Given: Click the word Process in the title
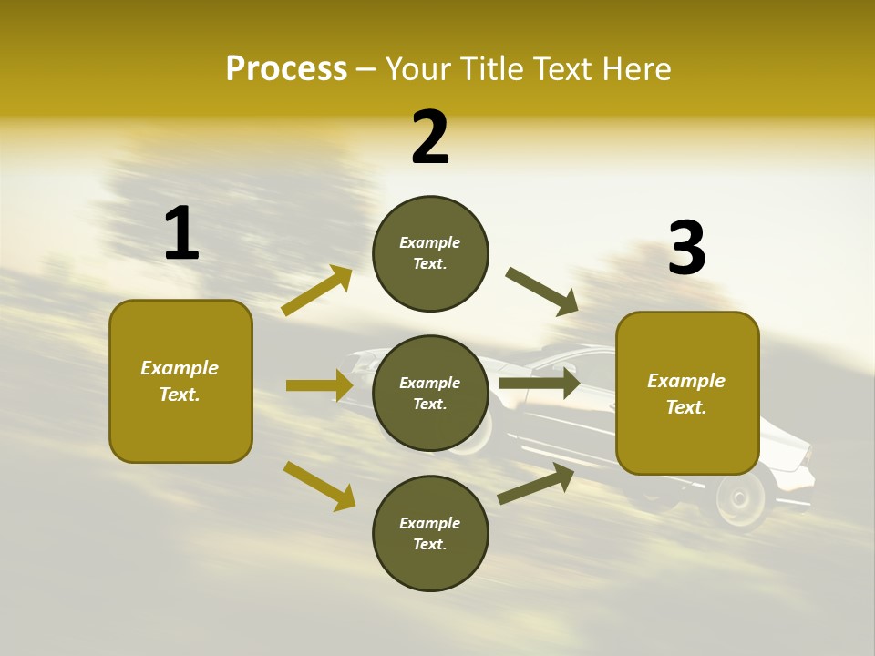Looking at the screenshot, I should [x=286, y=69].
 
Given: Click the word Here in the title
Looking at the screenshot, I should [x=636, y=69].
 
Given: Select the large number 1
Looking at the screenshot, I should [x=181, y=233].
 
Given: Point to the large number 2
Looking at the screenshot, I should [x=430, y=138].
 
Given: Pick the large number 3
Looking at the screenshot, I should [x=686, y=249].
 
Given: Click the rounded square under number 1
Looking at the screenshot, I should [x=180, y=381].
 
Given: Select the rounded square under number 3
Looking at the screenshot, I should [x=687, y=393].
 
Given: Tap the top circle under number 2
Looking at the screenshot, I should [x=430, y=253].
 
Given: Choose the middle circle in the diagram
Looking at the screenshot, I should [x=430, y=393].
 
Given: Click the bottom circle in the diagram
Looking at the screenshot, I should [x=430, y=533].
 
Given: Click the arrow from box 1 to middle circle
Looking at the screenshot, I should [x=319, y=385].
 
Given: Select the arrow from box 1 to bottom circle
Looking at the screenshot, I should [x=319, y=486].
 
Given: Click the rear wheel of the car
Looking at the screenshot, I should [x=740, y=499].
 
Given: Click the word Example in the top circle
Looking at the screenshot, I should [x=430, y=242].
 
